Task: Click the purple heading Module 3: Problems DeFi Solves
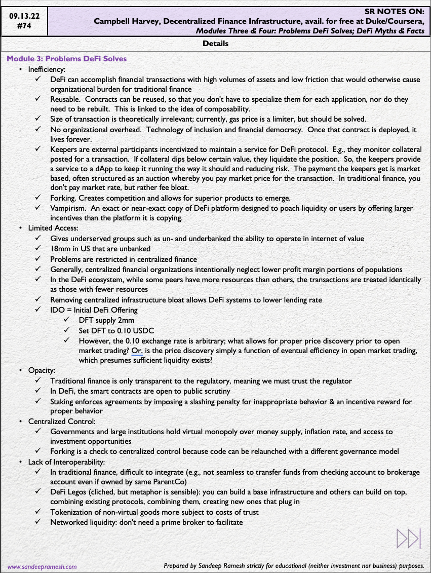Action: pyautogui.click(x=66, y=59)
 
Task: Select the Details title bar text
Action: pyautogui.click(x=215, y=44)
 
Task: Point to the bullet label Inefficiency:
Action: pyautogui.click(x=47, y=69)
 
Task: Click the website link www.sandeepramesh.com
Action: pyautogui.click(x=42, y=567)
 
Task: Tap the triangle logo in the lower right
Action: pyautogui.click(x=409, y=539)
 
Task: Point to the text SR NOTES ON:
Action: pyautogui.click(x=397, y=11)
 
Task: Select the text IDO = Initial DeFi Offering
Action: pyautogui.click(x=94, y=310)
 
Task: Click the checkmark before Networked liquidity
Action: pyautogui.click(x=38, y=522)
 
